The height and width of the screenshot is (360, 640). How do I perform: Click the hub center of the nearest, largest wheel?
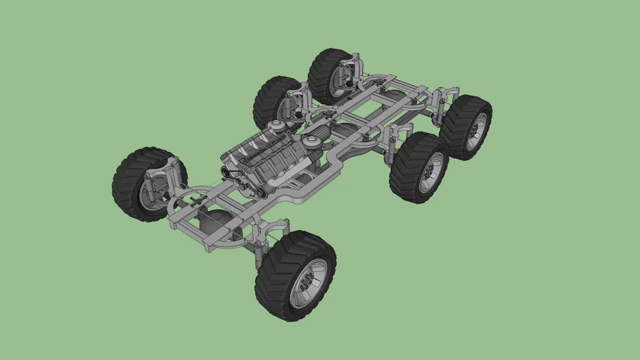[308, 283]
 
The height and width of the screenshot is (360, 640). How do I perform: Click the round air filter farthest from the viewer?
[278, 127]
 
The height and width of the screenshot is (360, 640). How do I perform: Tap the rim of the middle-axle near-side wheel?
[430, 172]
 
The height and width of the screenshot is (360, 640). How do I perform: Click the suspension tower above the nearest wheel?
[271, 228]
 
